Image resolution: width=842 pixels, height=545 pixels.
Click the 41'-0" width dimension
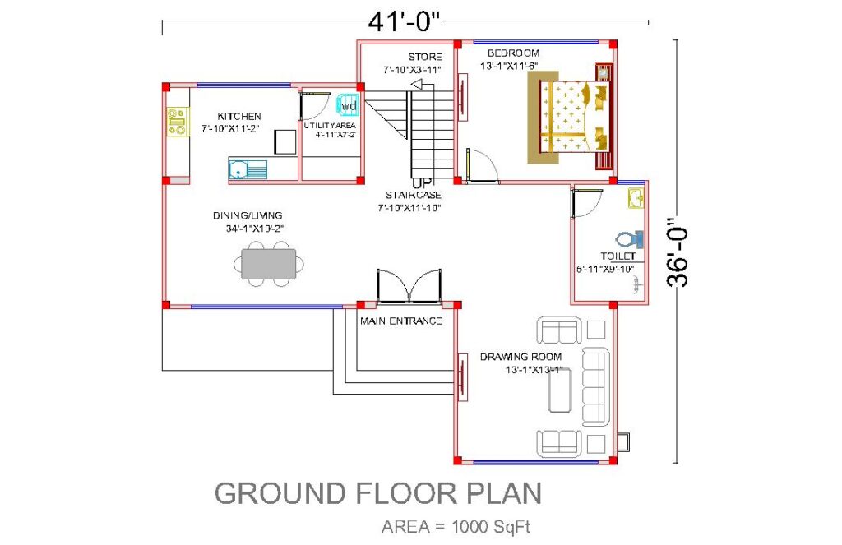(404, 22)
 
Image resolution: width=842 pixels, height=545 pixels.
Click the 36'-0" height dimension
(678, 252)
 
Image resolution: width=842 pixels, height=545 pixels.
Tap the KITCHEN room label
(239, 116)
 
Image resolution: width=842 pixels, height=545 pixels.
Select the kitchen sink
(248, 169)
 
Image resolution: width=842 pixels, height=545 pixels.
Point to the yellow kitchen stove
(177, 122)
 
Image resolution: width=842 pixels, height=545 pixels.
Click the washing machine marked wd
(348, 105)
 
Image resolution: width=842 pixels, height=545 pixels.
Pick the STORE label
(425, 57)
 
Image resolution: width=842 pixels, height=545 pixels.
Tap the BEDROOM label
(513, 53)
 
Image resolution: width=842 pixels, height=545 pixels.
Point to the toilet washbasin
(636, 198)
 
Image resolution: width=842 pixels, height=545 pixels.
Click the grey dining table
(269, 264)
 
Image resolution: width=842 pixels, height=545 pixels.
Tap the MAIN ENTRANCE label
(401, 321)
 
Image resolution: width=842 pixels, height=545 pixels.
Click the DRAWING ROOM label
(520, 357)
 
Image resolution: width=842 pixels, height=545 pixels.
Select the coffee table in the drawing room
(559, 390)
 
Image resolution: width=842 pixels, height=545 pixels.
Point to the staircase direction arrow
(422, 85)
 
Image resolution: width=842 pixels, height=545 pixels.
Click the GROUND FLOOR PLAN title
(378, 493)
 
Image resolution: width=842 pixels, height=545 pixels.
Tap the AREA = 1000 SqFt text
(456, 527)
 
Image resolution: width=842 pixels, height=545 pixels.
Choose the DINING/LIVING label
(248, 216)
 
